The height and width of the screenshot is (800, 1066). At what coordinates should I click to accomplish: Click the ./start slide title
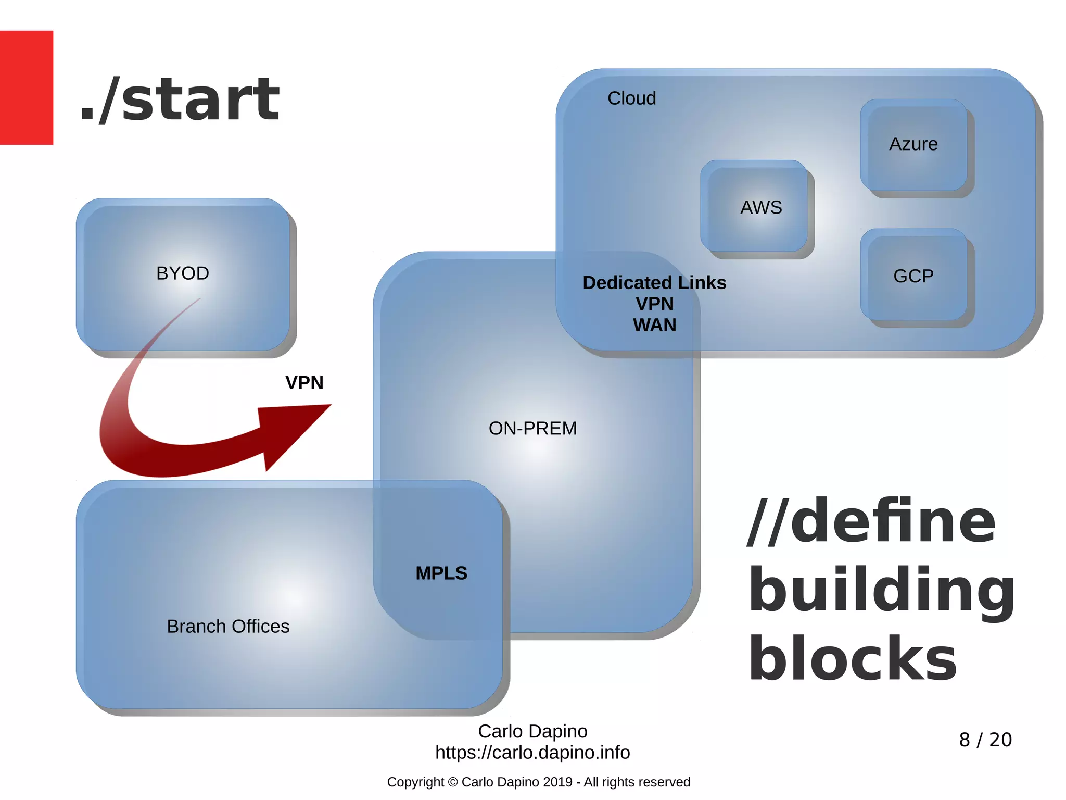pos(180,99)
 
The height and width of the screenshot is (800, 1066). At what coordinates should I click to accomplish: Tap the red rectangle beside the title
pos(26,87)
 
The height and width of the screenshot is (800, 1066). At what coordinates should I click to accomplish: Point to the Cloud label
pos(631,98)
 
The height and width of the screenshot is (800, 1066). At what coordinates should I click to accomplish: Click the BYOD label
pos(183,273)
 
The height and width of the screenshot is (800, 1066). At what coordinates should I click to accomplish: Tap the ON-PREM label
pos(532,428)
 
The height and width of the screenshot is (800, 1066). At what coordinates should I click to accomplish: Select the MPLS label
pos(441,573)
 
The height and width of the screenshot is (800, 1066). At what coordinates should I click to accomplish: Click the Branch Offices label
pos(228,626)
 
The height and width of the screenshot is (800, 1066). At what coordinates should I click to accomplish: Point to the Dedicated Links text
pos(654,282)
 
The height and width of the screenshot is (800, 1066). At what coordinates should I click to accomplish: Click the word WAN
pos(654,325)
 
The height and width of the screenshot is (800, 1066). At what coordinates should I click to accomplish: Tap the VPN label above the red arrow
pos(304,383)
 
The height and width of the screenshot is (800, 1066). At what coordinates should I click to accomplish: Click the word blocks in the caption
pos(853,659)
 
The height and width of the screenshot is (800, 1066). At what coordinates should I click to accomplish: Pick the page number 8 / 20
pos(985,740)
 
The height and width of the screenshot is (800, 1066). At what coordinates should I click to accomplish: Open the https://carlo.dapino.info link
pos(532,753)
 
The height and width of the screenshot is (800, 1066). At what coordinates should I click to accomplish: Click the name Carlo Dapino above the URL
pos(532,731)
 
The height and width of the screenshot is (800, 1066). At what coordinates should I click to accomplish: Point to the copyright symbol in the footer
pos(452,782)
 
